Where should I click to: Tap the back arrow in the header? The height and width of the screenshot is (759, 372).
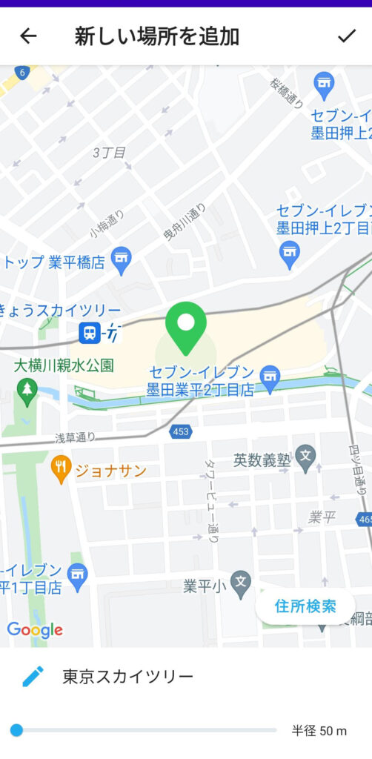pos(28,36)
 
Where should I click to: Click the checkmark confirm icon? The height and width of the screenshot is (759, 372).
pos(346,36)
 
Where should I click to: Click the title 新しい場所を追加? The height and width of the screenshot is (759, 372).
pos(156,36)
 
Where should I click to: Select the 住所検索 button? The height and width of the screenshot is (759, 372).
pos(305,606)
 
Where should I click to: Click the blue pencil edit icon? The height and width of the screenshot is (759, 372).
pos(33,676)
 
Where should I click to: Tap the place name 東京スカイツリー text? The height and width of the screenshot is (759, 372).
pos(127,676)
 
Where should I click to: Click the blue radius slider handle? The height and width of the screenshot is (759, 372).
pos(16,731)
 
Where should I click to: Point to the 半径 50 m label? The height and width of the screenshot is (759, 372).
pos(319,732)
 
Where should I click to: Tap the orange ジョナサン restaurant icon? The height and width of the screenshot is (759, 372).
pos(61,468)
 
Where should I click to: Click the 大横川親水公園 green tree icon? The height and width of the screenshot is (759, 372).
pos(27,391)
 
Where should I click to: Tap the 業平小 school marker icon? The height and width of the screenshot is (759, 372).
pos(240,583)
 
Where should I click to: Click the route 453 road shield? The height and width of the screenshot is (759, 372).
pos(179,431)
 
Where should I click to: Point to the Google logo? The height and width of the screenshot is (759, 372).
pos(35,630)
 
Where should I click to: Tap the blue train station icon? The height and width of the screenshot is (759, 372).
pos(90,333)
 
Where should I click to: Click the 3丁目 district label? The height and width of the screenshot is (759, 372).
pos(109,153)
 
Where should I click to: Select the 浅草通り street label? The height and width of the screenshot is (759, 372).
pos(76,438)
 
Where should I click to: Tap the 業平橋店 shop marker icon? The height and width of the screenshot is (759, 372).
pos(120,258)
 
